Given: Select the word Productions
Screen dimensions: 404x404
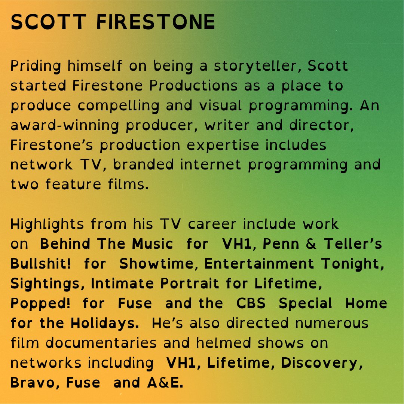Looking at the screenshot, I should pyautogui.click(x=193, y=86).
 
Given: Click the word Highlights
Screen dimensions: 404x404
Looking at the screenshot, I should pyautogui.click(x=47, y=224).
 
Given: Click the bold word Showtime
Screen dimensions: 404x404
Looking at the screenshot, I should pyautogui.click(x=157, y=264).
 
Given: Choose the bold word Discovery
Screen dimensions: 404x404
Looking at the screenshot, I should pyautogui.click(x=320, y=363).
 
